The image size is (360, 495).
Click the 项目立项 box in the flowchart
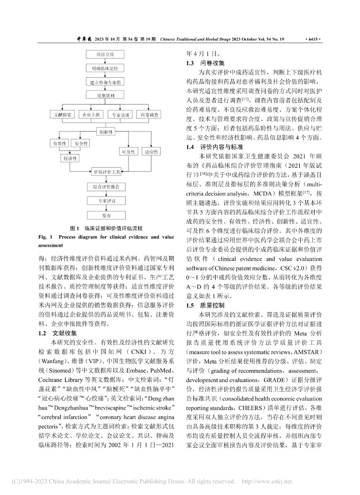tap(105, 54)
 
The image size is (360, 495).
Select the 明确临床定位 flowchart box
tap(105, 67)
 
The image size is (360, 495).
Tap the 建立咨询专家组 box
tap(105, 81)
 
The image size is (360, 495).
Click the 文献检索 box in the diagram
tap(63, 115)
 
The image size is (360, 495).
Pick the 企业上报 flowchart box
tap(91, 115)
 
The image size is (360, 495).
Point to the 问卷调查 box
tap(149, 115)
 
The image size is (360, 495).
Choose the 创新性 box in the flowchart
tap(107, 132)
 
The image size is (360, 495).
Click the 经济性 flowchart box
tap(71, 158)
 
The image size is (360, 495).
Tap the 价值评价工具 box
tap(107, 172)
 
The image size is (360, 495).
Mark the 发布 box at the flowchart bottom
tap(107, 215)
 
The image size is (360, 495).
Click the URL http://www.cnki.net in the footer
tap(267, 481)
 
